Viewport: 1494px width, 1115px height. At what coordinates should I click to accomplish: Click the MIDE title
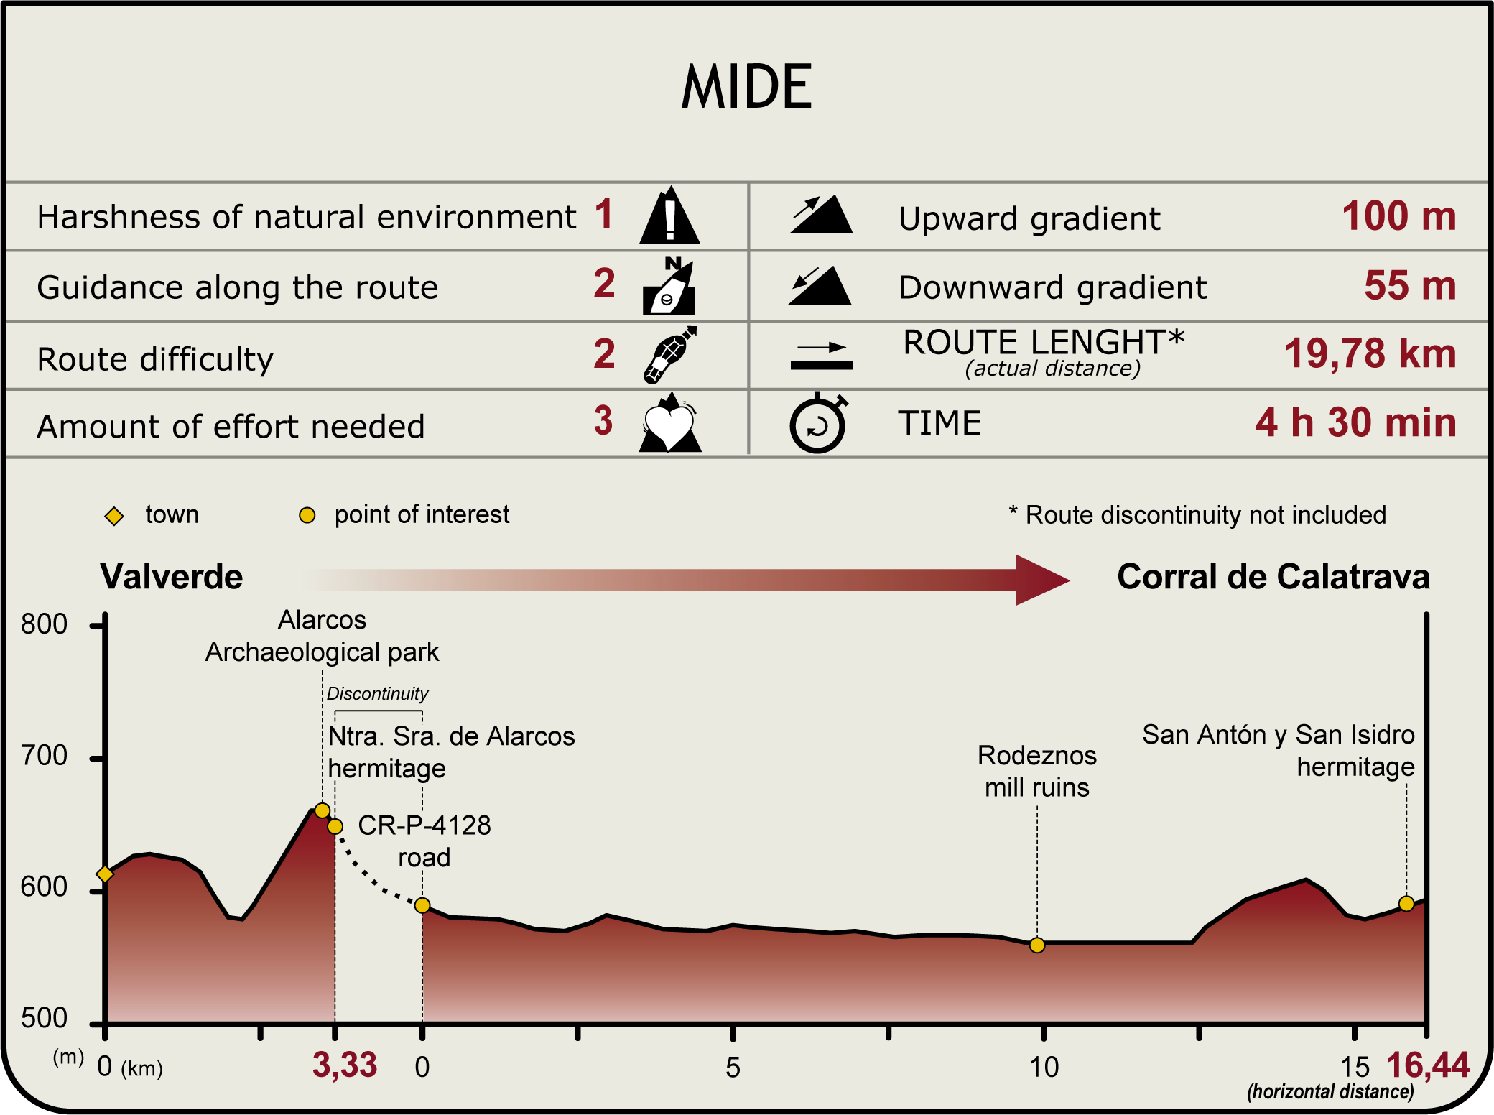click(746, 87)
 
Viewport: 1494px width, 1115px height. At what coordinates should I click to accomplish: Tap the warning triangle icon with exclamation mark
click(669, 216)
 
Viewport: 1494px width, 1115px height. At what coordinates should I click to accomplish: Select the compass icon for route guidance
click(669, 287)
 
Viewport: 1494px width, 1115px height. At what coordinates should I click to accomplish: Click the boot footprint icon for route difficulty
click(669, 355)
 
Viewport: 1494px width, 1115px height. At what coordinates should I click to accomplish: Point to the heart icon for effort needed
click(669, 425)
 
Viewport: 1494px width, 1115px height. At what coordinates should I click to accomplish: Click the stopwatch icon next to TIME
click(818, 424)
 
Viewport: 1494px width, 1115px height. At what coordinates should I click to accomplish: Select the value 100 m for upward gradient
click(1398, 216)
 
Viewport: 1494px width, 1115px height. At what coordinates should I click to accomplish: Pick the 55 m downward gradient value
click(1410, 286)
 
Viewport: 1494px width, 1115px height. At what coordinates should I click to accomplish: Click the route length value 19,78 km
click(1370, 354)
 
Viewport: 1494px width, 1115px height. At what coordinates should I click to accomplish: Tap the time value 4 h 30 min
click(1356, 422)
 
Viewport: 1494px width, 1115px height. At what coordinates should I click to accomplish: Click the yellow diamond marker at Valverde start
click(105, 874)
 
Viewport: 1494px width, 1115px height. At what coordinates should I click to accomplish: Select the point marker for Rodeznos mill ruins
click(1036, 945)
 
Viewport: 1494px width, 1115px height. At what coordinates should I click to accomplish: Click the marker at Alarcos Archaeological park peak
click(323, 811)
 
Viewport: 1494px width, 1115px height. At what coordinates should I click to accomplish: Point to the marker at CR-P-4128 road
click(422, 905)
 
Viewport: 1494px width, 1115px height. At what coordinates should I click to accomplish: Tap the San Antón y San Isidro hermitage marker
click(1406, 904)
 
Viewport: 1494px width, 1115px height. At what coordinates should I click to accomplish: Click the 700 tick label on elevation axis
click(44, 756)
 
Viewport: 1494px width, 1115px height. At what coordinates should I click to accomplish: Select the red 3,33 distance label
click(344, 1065)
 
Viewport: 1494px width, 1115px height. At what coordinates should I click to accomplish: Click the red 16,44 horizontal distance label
click(1428, 1065)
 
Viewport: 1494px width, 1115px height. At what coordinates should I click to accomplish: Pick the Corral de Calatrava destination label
click(1273, 577)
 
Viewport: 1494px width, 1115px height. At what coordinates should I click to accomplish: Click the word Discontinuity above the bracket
click(377, 694)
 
